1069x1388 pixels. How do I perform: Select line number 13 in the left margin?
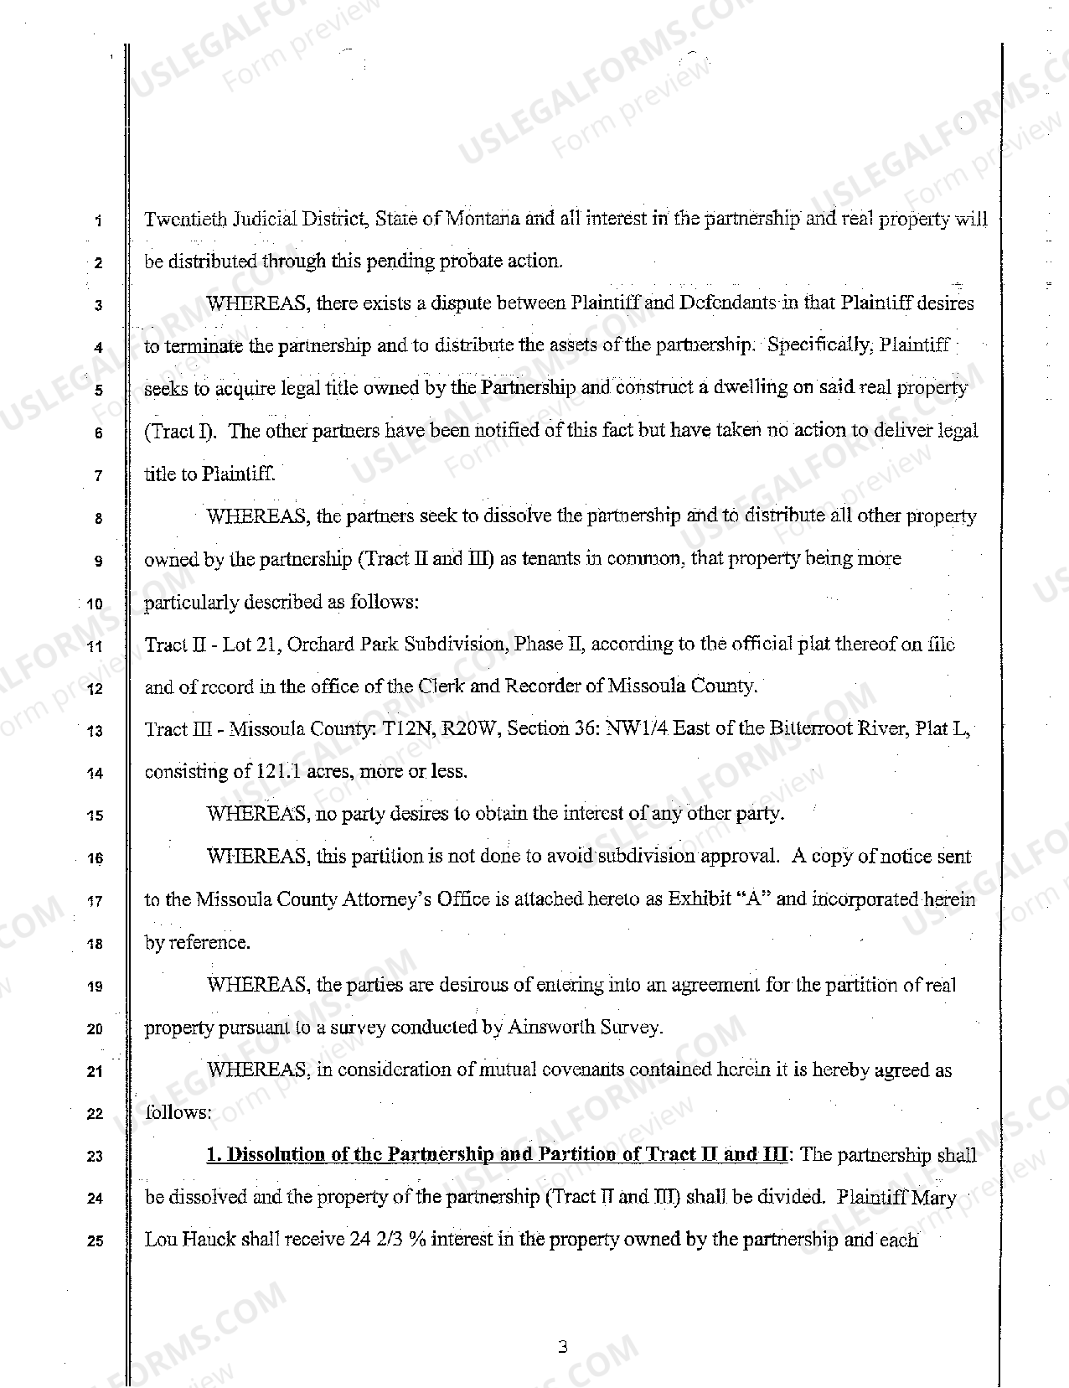[97, 731]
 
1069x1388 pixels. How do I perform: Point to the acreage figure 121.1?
[278, 771]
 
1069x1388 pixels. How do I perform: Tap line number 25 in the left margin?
[96, 1241]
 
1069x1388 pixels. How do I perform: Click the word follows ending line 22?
[178, 1113]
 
